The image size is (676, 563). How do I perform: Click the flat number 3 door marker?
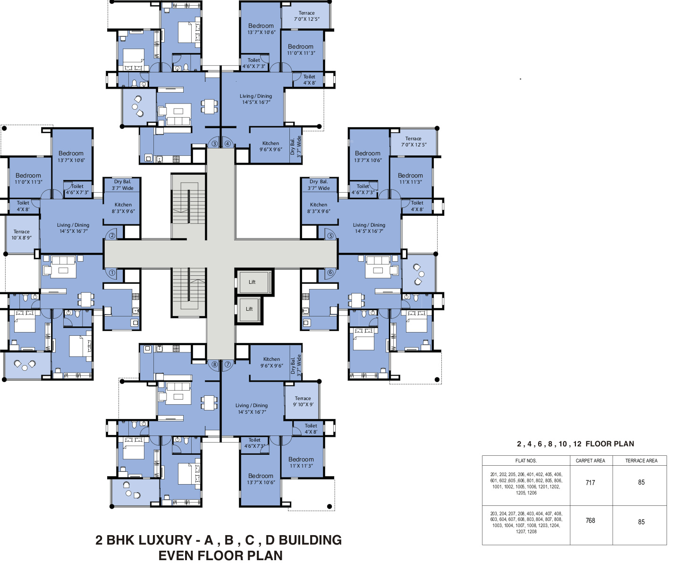pyautogui.click(x=214, y=144)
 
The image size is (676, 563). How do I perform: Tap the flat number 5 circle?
pyautogui.click(x=330, y=236)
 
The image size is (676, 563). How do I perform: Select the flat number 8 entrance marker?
pyautogui.click(x=214, y=364)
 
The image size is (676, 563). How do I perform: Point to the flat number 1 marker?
pyautogui.click(x=112, y=273)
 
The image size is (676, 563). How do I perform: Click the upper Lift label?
pyautogui.click(x=252, y=282)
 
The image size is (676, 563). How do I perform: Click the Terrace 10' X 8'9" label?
pyautogui.click(x=22, y=234)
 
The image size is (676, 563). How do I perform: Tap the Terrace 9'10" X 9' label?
pyautogui.click(x=303, y=401)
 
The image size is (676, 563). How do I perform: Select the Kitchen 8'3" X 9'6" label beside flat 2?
pyautogui.click(x=123, y=208)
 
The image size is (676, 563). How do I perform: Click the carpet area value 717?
pyautogui.click(x=590, y=483)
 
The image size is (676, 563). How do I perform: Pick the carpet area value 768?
pyautogui.click(x=590, y=520)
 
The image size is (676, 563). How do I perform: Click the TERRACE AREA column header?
pyautogui.click(x=641, y=461)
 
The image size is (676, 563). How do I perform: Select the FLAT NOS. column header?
pyautogui.click(x=526, y=461)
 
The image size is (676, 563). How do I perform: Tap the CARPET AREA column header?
pyautogui.click(x=590, y=461)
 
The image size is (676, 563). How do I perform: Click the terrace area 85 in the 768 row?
pyautogui.click(x=641, y=522)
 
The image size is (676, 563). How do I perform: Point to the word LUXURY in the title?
pyautogui.click(x=154, y=540)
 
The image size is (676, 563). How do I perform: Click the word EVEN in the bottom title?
pyautogui.click(x=177, y=555)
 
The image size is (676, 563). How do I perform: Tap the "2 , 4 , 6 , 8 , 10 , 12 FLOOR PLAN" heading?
pyautogui.click(x=575, y=444)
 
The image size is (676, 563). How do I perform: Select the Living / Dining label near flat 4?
pyautogui.click(x=256, y=99)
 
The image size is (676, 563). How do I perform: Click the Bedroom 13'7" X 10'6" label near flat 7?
pyautogui.click(x=261, y=478)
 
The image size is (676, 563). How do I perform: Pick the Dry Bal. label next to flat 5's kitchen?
pyautogui.click(x=319, y=184)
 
